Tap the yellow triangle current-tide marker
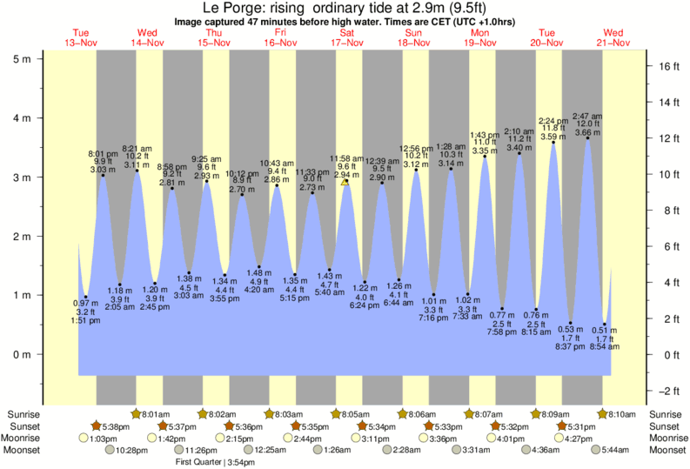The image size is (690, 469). click(345, 182)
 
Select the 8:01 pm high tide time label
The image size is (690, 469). click(103, 153)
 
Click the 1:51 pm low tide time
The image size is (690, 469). click(86, 320)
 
